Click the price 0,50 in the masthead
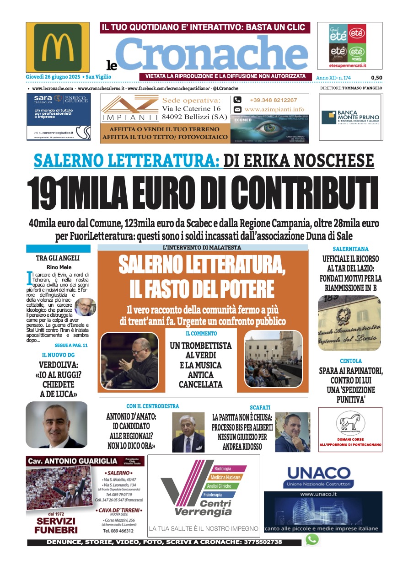(x=376, y=78)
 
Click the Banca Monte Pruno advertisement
(x=350, y=117)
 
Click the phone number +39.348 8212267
(x=273, y=100)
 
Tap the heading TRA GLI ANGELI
(x=58, y=258)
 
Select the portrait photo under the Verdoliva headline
(x=57, y=425)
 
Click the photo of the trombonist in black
(x=129, y=360)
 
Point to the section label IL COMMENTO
(x=201, y=334)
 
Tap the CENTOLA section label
(x=350, y=361)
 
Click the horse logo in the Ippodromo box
(x=350, y=422)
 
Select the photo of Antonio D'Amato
(x=188, y=432)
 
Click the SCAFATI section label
(x=260, y=407)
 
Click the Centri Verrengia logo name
(x=203, y=508)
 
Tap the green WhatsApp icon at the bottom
(x=312, y=539)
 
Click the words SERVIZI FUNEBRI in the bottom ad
(x=56, y=526)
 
